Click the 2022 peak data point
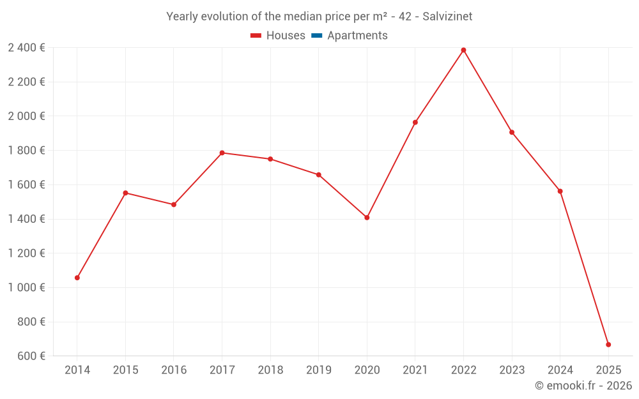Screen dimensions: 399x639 463,50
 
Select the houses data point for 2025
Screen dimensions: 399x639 608,345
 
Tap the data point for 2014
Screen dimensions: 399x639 77,278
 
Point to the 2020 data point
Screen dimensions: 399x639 367,218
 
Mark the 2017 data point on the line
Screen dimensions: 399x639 222,153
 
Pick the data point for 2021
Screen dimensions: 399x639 415,122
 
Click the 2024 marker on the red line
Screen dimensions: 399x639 560,191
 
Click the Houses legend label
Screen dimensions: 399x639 286,36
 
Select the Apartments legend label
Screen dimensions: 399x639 357,36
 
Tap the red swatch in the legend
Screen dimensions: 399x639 256,36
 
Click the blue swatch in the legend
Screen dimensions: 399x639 317,36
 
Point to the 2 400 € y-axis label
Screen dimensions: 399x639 26,47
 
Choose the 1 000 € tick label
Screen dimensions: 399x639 26,287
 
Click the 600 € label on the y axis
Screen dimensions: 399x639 31,356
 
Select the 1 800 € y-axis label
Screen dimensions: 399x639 26,150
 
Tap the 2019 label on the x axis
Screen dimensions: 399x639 318,370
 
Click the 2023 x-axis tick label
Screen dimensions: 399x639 512,370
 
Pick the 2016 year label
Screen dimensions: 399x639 174,370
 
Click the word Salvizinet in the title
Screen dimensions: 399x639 447,17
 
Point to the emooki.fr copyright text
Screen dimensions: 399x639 583,386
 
